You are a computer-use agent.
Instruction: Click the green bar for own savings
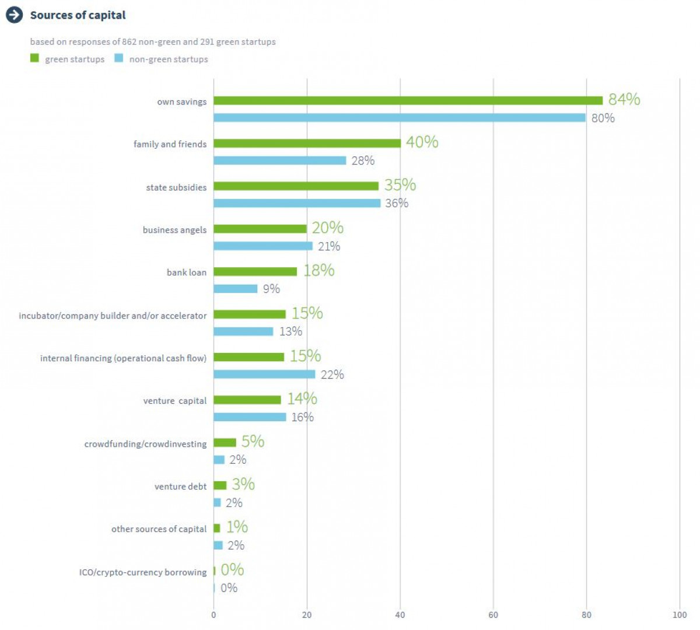(408, 101)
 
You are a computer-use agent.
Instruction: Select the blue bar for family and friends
(280, 160)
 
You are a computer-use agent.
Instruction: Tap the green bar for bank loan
(255, 272)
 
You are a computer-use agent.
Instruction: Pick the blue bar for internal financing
(264, 374)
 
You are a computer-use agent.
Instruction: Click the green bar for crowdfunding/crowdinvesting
(225, 443)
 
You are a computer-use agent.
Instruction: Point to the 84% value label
(624, 100)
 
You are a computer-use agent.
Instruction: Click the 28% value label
(363, 161)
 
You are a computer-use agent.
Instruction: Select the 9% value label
(271, 289)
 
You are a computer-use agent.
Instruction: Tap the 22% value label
(332, 375)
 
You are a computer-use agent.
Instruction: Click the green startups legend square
(34, 58)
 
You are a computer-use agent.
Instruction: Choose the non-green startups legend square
(119, 58)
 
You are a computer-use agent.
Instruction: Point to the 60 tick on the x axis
(493, 615)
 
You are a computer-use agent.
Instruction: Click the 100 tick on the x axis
(680, 615)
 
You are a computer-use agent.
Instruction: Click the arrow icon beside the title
(14, 15)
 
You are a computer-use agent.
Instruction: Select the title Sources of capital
(78, 15)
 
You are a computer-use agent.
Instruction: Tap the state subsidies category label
(176, 187)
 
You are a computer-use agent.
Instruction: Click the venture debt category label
(180, 487)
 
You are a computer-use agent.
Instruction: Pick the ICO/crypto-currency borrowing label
(143, 572)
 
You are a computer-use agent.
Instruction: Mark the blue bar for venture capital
(250, 417)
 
